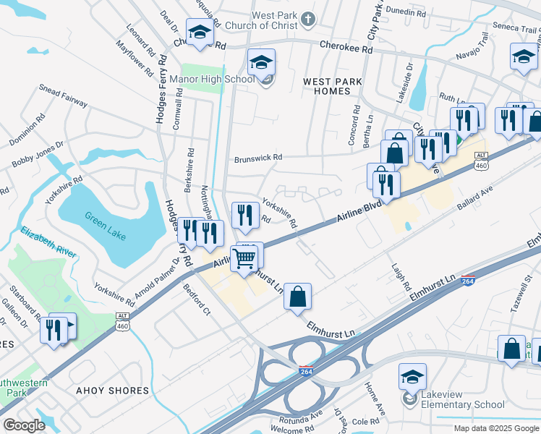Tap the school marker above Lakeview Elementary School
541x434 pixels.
click(x=412, y=377)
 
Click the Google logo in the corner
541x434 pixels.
click(x=25, y=425)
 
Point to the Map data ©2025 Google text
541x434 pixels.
click(x=496, y=428)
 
